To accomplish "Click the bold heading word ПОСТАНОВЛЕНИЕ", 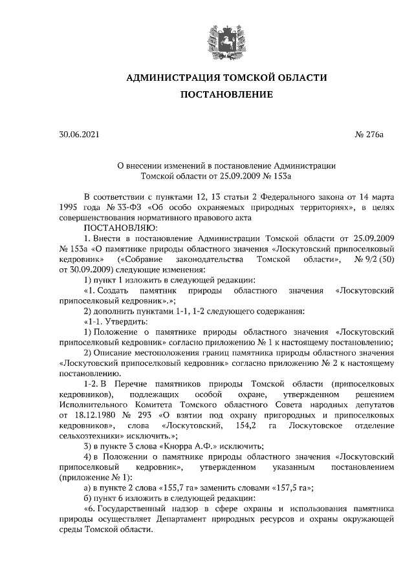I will (x=226, y=94).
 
